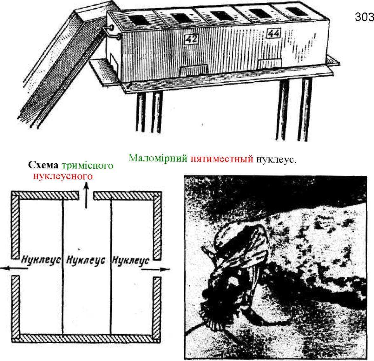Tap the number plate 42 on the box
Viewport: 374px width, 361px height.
click(x=191, y=39)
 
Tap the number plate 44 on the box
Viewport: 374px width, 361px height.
click(x=273, y=33)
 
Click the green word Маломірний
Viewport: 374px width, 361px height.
click(x=158, y=158)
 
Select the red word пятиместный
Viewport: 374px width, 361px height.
click(x=222, y=159)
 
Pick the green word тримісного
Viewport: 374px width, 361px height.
click(x=87, y=165)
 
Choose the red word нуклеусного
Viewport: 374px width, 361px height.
click(x=63, y=176)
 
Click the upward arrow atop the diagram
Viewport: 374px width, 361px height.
click(x=86, y=194)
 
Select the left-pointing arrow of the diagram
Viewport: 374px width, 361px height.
click(x=14, y=268)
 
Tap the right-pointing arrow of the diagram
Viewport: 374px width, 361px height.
click(x=155, y=269)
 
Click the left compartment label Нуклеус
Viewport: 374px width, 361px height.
click(x=41, y=260)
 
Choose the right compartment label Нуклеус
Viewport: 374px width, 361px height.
click(x=131, y=260)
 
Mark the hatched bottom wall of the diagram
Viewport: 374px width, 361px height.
click(x=86, y=338)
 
